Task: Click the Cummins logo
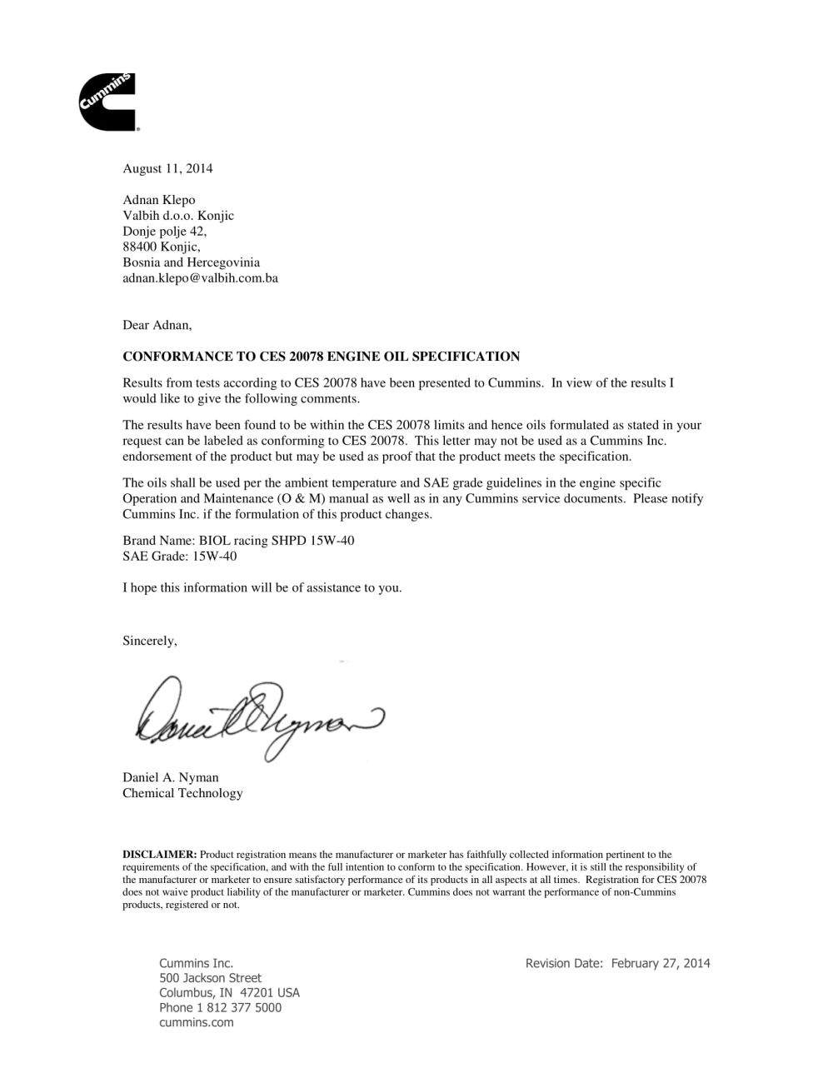pyautogui.click(x=107, y=102)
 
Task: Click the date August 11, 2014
pyautogui.click(x=167, y=168)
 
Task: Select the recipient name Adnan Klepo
pyautogui.click(x=159, y=200)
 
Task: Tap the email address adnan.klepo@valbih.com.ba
pyautogui.click(x=200, y=278)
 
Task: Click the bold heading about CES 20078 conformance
pyautogui.click(x=321, y=357)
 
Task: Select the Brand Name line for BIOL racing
pyautogui.click(x=238, y=541)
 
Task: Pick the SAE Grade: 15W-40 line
pyautogui.click(x=179, y=556)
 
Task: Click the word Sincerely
pyautogui.click(x=149, y=641)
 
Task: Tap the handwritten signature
pyautogui.click(x=258, y=716)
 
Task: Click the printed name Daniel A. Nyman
pyautogui.click(x=170, y=777)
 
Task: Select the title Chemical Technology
pyautogui.click(x=182, y=793)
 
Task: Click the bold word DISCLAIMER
pyautogui.click(x=159, y=855)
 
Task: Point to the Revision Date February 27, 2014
pyautogui.click(x=617, y=963)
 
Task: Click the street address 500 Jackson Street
pyautogui.click(x=210, y=978)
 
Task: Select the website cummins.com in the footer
pyautogui.click(x=196, y=1023)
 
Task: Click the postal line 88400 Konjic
pyautogui.click(x=161, y=247)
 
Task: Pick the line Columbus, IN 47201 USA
pyautogui.click(x=229, y=993)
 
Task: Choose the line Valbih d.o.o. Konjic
pyautogui.click(x=178, y=216)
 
